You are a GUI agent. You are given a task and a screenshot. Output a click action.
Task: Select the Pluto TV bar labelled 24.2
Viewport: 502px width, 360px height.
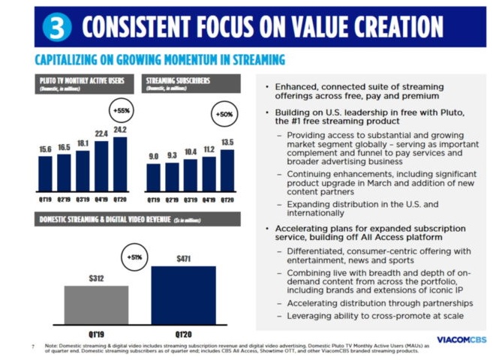pos(120,164)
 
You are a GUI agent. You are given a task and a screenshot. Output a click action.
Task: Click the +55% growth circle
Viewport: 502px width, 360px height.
pos(120,111)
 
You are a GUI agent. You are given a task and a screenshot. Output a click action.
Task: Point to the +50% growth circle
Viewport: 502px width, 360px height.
pos(224,115)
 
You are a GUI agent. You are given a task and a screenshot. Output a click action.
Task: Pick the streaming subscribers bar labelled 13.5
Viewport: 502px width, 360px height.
pos(227,170)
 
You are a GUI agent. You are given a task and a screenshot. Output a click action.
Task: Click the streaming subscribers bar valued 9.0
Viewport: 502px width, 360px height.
pos(153,178)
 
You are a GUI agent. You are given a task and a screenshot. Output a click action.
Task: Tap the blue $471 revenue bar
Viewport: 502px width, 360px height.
pos(182,295)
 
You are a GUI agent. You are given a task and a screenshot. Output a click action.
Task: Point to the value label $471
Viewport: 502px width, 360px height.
pos(183,259)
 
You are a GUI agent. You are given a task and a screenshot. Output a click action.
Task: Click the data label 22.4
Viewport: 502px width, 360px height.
pos(102,134)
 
